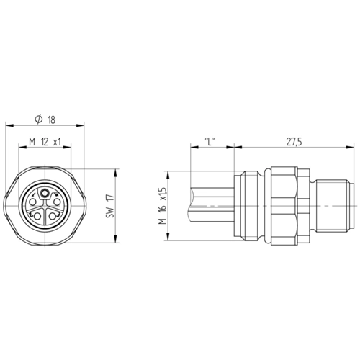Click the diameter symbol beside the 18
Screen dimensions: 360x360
39,120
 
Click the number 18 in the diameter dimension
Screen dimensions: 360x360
52,120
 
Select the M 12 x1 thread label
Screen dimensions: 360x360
45,142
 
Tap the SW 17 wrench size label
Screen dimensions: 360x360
111,206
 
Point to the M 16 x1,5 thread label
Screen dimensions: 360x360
163,206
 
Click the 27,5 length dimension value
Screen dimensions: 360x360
294,142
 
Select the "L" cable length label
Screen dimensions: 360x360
210,142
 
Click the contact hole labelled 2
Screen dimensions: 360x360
37,217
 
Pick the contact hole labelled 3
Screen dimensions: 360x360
52,217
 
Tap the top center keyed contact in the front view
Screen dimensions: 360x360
45,193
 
